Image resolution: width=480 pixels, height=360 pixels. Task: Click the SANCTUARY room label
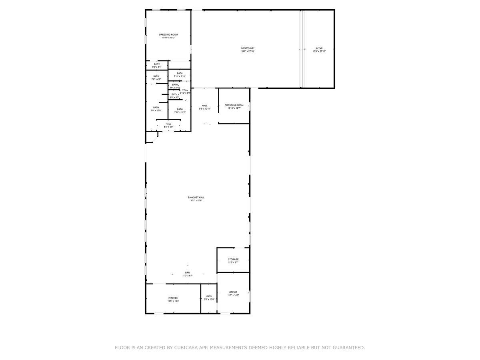[248, 48]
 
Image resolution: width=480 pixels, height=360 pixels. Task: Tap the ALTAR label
[319, 48]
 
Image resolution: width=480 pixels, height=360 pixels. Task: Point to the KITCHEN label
[173, 298]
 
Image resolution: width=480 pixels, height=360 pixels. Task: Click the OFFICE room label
[233, 292]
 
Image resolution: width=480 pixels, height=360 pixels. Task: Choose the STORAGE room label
[233, 260]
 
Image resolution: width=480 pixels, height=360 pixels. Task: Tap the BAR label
[187, 272]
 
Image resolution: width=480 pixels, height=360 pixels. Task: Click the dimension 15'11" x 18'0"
[168, 38]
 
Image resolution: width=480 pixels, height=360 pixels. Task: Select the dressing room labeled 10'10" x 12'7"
[234, 106]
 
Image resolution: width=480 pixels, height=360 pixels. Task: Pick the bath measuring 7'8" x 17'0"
[156, 109]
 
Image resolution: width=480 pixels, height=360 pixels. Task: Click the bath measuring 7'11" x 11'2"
[180, 111]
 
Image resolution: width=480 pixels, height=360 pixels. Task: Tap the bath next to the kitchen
[209, 298]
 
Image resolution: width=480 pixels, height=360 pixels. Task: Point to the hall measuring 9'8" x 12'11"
[204, 107]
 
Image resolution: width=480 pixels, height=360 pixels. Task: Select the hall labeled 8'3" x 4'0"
[168, 125]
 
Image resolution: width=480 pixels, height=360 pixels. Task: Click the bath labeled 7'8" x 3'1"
[156, 65]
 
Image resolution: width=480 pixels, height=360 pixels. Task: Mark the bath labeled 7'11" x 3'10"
[180, 75]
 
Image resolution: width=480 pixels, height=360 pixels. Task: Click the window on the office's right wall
[250, 296]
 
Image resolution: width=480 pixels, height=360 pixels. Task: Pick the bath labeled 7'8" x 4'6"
[156, 78]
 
